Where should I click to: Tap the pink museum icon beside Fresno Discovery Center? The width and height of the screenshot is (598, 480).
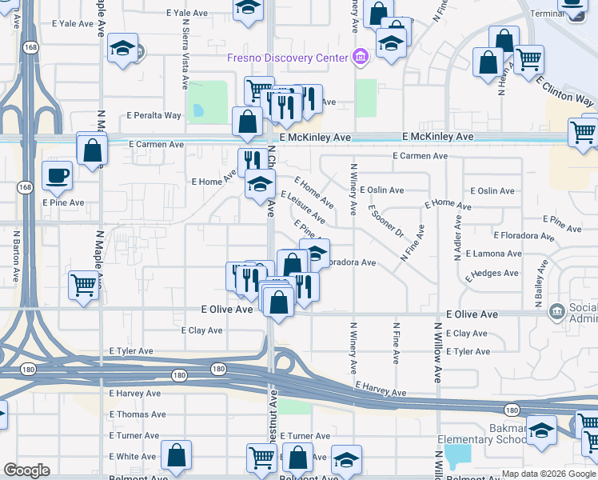(361, 57)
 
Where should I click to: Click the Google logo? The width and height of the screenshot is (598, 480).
(26, 470)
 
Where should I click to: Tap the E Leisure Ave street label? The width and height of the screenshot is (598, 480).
(302, 206)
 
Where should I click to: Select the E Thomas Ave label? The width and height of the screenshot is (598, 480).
(138, 414)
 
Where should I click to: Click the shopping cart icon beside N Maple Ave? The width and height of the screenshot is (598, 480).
(84, 286)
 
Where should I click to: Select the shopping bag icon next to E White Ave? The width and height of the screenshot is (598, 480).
(176, 456)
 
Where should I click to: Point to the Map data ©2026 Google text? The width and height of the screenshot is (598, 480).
(548, 474)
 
